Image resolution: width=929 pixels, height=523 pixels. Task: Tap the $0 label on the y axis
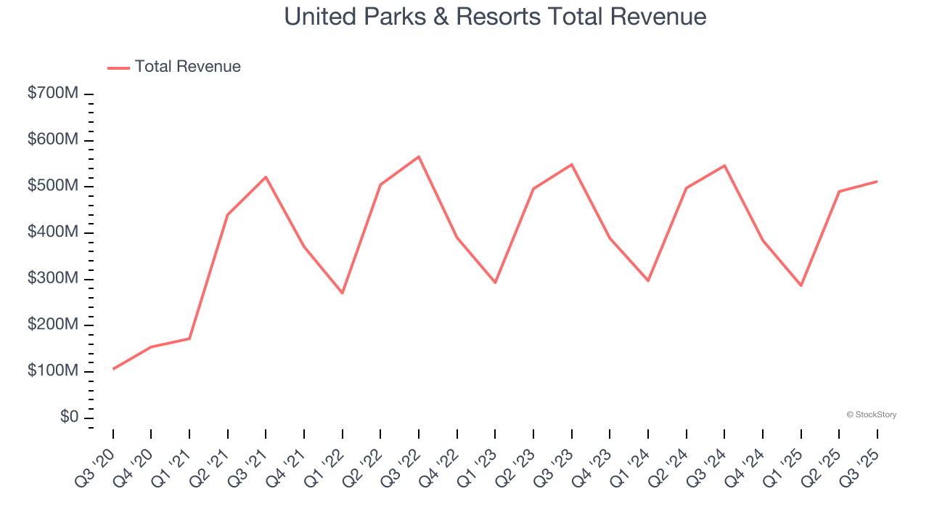coord(70,417)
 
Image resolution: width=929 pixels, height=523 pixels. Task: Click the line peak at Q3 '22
coord(419,156)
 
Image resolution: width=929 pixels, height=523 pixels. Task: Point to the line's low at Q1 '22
coord(343,293)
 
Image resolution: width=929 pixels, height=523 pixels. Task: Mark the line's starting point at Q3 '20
coord(113,369)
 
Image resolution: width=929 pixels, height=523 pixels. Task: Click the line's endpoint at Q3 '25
coord(877,181)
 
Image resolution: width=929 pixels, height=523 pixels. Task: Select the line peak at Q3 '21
coord(266,177)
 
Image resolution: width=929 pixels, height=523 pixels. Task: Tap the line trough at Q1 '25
coord(801,285)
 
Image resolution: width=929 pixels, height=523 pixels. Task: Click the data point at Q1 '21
coord(189,338)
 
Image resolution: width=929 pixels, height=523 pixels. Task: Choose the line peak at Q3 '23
coord(571,164)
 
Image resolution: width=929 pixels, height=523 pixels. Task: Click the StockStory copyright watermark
coord(871,415)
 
